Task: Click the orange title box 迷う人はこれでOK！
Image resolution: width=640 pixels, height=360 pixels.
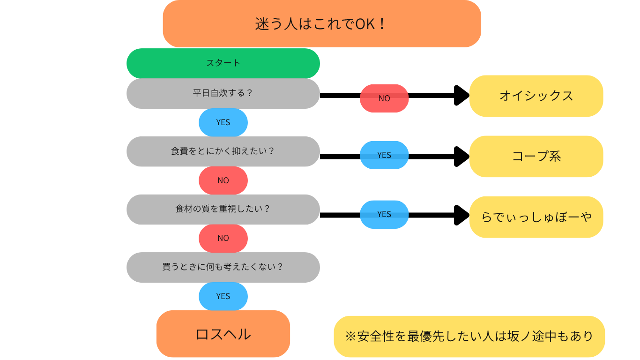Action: [x=322, y=23]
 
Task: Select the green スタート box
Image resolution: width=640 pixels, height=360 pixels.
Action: [x=223, y=63]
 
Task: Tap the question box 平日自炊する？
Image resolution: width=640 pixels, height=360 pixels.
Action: [x=223, y=93]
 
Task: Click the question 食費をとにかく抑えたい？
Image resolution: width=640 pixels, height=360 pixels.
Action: [x=223, y=151]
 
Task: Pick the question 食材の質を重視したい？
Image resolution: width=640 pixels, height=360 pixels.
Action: [x=223, y=209]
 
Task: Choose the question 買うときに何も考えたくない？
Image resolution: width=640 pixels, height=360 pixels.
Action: [x=223, y=267]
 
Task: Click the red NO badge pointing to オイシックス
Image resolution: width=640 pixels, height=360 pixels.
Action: [x=384, y=98]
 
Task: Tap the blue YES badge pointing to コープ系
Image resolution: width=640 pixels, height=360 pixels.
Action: [x=384, y=155]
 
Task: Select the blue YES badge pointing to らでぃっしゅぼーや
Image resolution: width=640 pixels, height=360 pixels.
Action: [x=384, y=214]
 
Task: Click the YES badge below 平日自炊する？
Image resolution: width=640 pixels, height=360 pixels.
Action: [x=223, y=122]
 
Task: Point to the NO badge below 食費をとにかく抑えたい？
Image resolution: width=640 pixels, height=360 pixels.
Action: [x=223, y=180]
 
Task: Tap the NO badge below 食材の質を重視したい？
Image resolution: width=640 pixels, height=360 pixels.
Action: [x=223, y=238]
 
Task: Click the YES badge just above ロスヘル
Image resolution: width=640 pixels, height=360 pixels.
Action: [x=223, y=296]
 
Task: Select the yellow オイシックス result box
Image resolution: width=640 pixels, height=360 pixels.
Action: [x=536, y=96]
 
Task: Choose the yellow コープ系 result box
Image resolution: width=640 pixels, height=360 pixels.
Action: [x=536, y=156]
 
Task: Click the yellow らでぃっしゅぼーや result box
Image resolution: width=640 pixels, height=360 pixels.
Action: [x=536, y=217]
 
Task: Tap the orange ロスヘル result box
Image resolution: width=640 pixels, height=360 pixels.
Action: [x=223, y=334]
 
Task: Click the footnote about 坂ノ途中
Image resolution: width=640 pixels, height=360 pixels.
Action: [x=469, y=336]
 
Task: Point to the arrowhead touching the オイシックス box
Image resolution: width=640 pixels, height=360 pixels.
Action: [x=462, y=95]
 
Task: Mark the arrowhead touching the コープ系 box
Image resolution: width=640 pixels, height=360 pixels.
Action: [x=462, y=156]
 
